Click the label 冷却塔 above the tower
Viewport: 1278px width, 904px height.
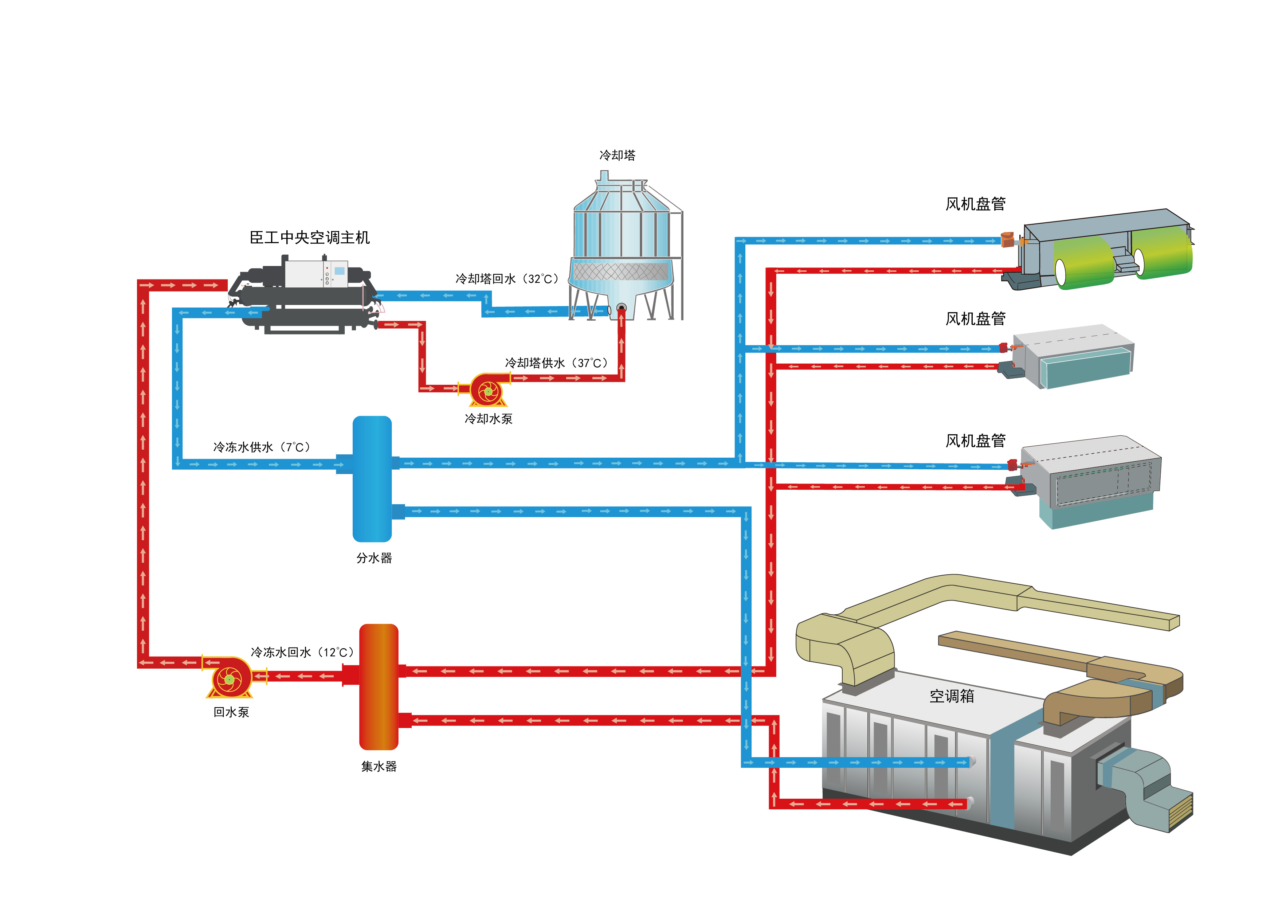(x=617, y=155)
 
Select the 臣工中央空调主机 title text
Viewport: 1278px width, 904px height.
(x=309, y=238)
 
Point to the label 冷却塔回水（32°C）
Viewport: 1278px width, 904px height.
(x=506, y=279)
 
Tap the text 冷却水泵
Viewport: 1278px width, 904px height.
(x=488, y=419)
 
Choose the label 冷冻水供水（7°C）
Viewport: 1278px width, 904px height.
(x=262, y=447)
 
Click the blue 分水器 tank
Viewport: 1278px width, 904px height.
(x=372, y=479)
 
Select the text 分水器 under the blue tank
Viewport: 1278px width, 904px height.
(x=374, y=558)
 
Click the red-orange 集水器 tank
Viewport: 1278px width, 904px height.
(x=379, y=686)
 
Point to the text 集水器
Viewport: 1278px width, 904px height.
(x=379, y=767)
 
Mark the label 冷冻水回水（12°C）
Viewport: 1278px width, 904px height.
(x=302, y=652)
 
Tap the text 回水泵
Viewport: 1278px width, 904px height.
(x=231, y=712)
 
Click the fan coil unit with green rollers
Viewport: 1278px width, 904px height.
(x=1102, y=250)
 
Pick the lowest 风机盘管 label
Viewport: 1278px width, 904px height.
(x=975, y=441)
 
